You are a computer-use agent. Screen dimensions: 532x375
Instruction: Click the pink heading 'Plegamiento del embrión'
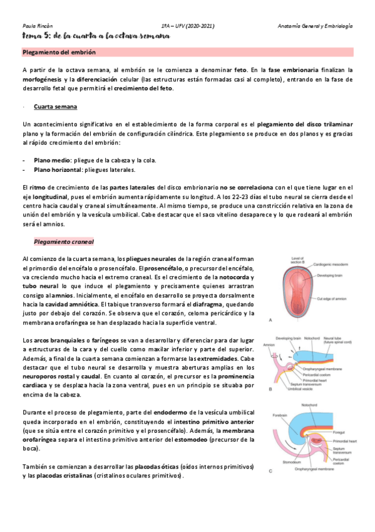58,53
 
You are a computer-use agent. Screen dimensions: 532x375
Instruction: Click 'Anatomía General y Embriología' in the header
316,26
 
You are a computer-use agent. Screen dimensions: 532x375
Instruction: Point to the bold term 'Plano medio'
52,160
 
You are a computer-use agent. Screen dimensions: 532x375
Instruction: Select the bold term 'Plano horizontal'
58,169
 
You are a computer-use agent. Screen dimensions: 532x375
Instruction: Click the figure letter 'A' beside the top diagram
270,320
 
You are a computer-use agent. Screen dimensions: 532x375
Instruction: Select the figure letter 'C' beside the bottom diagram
269,471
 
